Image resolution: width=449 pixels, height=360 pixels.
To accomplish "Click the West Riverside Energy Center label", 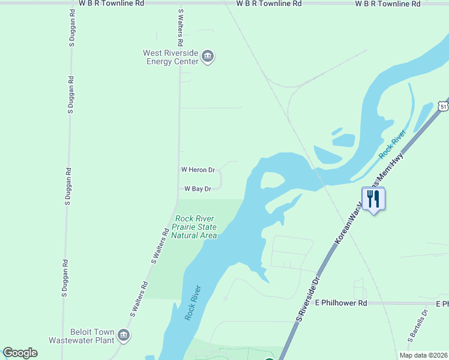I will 170,57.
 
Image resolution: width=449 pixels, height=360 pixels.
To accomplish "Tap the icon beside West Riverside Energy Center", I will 208,57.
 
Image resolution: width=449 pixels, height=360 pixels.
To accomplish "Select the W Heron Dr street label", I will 197,170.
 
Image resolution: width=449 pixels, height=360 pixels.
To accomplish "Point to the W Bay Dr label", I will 197,189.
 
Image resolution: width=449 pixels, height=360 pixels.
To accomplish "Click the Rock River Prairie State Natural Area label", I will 194,227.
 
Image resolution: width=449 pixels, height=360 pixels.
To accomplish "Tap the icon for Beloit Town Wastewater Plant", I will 124,335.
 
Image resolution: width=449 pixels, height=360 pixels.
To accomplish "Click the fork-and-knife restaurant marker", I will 373,199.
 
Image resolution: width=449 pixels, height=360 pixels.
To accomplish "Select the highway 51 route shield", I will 443,106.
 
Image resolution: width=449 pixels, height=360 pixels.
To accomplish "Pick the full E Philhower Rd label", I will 340,304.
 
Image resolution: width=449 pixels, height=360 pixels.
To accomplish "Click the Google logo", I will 20,353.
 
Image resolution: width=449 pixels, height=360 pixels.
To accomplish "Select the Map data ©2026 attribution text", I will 422,355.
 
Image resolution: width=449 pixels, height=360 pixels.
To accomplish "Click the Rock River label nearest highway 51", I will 393,145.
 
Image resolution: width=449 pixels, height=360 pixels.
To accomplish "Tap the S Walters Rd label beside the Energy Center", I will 179,28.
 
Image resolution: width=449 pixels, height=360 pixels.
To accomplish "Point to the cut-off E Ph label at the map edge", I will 442,304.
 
